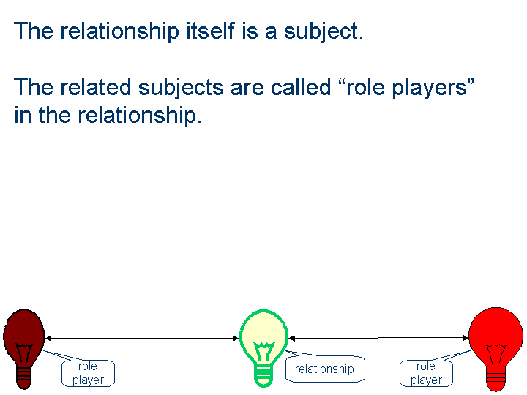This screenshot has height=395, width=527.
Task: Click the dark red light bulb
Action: [24, 346]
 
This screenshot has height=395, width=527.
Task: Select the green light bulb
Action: [263, 346]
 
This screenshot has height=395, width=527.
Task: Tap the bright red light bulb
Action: [496, 346]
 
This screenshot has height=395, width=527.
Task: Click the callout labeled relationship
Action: [325, 369]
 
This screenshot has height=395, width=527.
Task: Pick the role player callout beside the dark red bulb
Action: [88, 373]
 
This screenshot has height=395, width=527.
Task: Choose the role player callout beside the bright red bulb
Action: [426, 373]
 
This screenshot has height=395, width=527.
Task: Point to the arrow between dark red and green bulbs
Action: [142, 338]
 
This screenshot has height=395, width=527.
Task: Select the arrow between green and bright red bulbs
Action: [378, 338]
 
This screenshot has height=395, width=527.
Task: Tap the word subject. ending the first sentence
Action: [324, 31]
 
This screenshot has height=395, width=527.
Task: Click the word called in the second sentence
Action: [301, 87]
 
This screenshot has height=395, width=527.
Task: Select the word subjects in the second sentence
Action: [181, 88]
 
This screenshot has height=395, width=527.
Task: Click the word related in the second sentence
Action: [95, 87]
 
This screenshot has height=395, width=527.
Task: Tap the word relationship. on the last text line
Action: [140, 116]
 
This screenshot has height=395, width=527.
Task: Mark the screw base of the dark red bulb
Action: [24, 378]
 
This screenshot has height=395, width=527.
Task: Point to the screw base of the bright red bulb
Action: [496, 380]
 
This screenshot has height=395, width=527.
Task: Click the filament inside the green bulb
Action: [264, 352]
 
